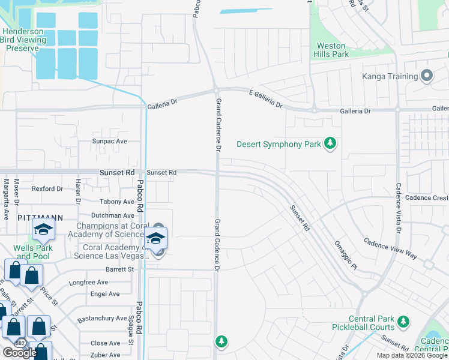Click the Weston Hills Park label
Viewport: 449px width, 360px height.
tap(331, 50)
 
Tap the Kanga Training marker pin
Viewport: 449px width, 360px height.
tap(427, 76)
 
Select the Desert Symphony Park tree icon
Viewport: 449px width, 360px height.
tap(330, 143)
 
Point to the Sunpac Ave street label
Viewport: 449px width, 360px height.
tap(109, 142)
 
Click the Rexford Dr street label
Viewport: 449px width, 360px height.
tap(47, 188)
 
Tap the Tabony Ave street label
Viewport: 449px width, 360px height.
tap(117, 202)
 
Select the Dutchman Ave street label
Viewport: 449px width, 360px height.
tap(113, 215)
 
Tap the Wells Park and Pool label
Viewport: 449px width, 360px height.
tap(34, 252)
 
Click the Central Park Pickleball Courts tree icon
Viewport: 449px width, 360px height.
tap(403, 322)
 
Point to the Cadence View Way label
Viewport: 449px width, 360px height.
tap(390, 248)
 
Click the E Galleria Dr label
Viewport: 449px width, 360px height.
tap(265, 99)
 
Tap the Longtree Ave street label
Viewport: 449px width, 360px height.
tap(89, 282)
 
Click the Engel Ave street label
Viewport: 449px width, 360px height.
tap(105, 294)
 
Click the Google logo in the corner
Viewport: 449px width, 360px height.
tap(20, 353)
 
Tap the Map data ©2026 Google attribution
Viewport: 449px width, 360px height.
tap(412, 355)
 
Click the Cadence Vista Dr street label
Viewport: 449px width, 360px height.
tap(397, 207)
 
